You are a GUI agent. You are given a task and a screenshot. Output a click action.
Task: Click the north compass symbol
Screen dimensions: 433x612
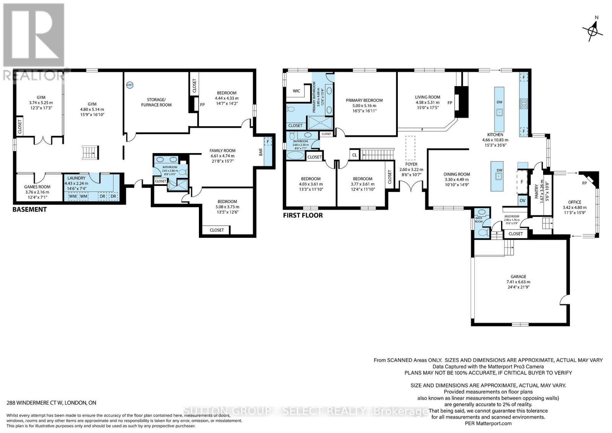coord(592,29)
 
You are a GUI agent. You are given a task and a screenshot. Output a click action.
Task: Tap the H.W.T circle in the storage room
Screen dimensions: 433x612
coord(130,85)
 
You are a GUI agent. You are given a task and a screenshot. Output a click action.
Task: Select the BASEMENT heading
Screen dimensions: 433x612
coord(29,210)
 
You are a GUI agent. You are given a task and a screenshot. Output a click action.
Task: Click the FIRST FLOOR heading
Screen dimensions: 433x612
coord(303,215)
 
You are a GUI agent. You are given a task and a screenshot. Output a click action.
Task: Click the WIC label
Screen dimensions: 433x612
coord(296,91)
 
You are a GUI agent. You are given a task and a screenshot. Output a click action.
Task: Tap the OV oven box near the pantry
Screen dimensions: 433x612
coord(522,200)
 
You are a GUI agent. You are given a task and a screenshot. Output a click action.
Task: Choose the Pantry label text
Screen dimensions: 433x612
coord(537,190)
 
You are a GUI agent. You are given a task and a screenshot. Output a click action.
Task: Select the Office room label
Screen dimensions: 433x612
coord(575,202)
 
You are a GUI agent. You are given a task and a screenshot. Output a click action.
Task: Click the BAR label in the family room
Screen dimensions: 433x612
coord(261,152)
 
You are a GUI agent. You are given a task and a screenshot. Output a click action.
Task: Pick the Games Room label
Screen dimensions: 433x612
coord(37,187)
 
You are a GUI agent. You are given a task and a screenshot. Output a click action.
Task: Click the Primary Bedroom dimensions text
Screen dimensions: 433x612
coord(364,106)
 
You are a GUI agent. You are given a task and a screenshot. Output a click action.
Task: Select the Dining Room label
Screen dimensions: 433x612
coord(457,174)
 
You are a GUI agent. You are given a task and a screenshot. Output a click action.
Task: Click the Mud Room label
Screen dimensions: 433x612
coord(511,216)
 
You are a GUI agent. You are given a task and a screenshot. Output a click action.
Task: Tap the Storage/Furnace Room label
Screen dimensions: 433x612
coord(156,102)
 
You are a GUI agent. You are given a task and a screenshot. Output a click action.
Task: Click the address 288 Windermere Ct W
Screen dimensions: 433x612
coord(51,403)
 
